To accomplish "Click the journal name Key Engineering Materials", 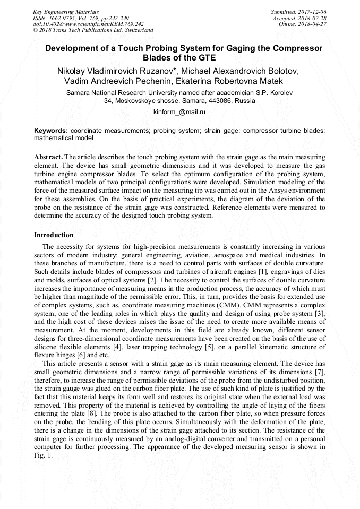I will pos(65,11).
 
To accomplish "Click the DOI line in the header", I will pos(88,24).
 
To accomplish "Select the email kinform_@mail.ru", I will pos(179,113).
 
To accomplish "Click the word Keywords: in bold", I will pos(51,130).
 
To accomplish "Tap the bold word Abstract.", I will pos(48,157).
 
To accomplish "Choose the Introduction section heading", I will pos(54,235).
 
